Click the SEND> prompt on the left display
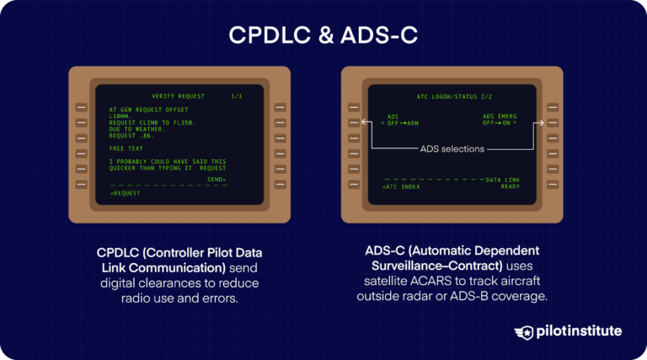click(x=217, y=179)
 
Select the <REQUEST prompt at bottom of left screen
click(x=126, y=194)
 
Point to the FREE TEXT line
click(x=126, y=148)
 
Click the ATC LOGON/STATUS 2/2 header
click(x=447, y=97)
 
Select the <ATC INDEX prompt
click(x=401, y=186)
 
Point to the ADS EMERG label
click(x=500, y=116)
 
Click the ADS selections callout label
click(x=452, y=149)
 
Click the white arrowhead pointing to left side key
click(x=363, y=124)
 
